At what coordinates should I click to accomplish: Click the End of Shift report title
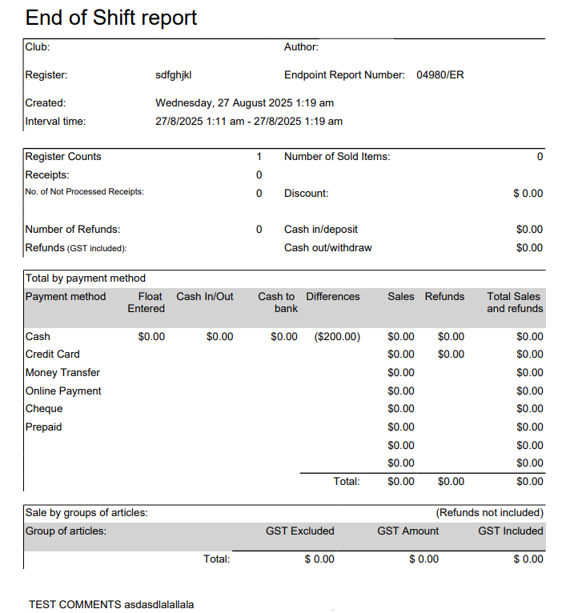[111, 18]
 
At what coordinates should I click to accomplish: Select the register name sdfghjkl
[174, 75]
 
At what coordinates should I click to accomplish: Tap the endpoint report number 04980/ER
[440, 75]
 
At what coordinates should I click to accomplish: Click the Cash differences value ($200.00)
[337, 337]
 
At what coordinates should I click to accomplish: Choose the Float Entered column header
[146, 302]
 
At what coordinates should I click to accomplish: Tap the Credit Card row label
[53, 354]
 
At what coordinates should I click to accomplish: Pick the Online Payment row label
[63, 391]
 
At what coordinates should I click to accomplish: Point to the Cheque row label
[44, 409]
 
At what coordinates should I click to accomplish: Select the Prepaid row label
[43, 427]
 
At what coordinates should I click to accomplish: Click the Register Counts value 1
[259, 157]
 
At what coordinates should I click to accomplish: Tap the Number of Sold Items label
[337, 157]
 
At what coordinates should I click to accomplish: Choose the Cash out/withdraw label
[327, 248]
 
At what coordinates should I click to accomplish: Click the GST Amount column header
[407, 531]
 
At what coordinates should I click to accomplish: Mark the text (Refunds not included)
[489, 512]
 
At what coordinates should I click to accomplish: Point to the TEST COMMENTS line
[111, 604]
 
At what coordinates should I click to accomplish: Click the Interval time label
[55, 122]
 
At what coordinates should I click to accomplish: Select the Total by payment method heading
[86, 278]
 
